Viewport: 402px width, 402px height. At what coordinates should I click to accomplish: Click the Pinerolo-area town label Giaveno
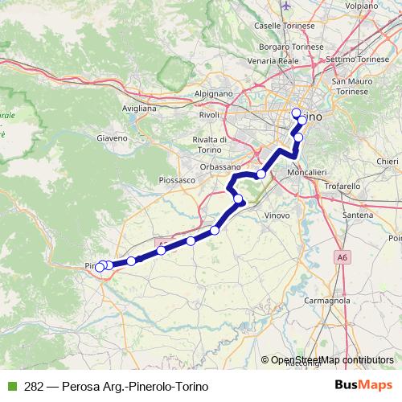(x=113, y=137)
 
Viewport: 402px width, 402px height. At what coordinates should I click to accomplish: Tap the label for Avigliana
(x=138, y=107)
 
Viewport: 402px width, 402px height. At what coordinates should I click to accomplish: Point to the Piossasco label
(x=178, y=181)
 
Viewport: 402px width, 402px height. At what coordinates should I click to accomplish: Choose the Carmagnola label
(x=331, y=300)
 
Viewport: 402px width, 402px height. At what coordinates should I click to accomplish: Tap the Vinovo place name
(x=276, y=216)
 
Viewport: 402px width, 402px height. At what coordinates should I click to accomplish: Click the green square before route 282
(x=10, y=386)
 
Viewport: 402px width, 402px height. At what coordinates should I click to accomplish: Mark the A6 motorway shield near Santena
(x=344, y=257)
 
